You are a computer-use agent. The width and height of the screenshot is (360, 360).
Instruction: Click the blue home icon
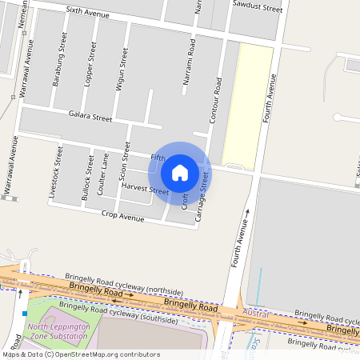[x=180, y=172]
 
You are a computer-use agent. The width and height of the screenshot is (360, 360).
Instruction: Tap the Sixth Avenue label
[x=87, y=13]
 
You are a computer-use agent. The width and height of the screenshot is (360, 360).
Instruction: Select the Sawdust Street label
[x=257, y=7]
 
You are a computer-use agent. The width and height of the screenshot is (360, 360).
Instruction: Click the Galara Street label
[x=90, y=117]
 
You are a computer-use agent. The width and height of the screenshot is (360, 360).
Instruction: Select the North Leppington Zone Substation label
[x=58, y=331]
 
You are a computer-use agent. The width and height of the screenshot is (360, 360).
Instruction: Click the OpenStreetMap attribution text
[x=80, y=354]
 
